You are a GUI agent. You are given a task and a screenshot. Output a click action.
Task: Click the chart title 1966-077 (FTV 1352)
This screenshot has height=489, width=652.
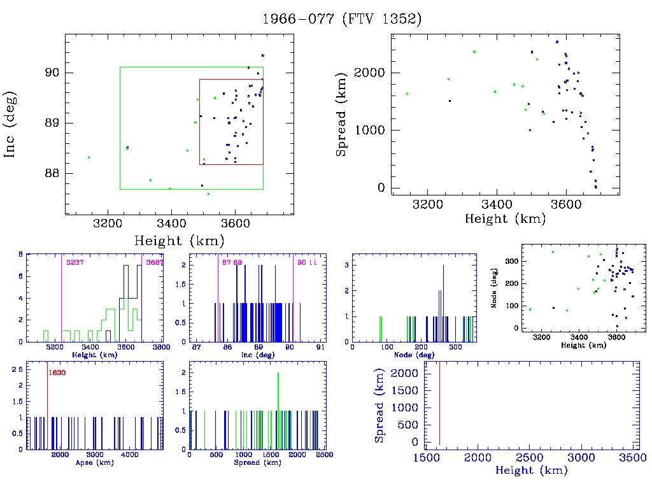342,19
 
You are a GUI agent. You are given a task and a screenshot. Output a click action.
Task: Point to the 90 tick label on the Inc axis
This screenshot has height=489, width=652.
52,73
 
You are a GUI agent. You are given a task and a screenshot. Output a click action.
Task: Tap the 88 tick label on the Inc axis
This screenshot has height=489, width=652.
52,173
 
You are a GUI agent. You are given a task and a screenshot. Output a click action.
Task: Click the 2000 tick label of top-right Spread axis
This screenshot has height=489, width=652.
369,73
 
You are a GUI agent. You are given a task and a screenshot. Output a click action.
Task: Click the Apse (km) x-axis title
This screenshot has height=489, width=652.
94,463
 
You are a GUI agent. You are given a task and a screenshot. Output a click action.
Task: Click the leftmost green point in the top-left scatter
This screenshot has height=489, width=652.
89,157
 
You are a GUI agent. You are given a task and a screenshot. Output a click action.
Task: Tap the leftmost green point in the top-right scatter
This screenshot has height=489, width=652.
407,94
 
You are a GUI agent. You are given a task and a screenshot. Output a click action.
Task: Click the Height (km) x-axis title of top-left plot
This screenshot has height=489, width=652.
179,241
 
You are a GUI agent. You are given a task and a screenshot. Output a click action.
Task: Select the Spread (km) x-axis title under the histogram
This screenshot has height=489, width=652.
257,463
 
